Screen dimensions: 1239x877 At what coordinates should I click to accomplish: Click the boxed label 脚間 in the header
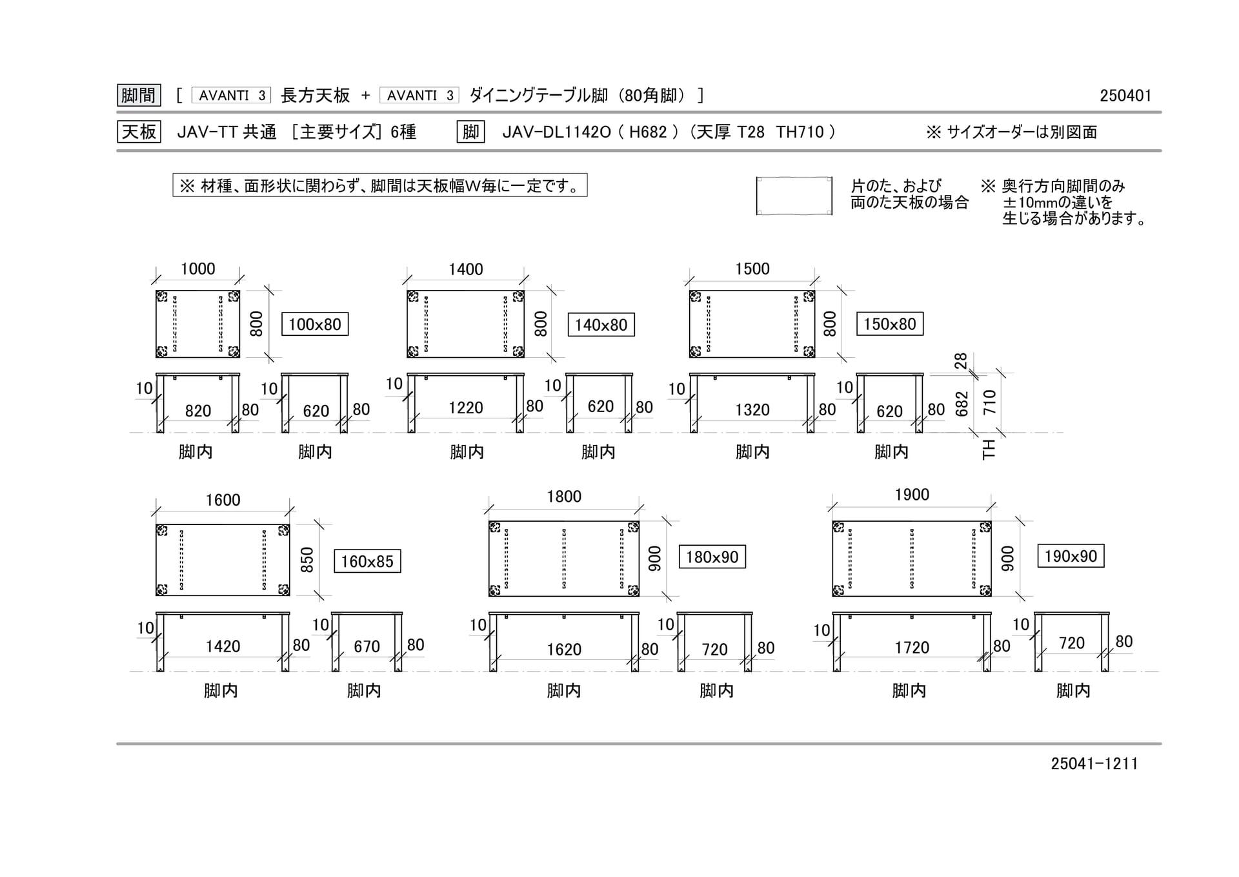(139, 96)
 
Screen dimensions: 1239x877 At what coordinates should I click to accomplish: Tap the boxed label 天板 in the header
(139, 132)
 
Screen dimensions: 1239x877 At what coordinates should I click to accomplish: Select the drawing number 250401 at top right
(1125, 96)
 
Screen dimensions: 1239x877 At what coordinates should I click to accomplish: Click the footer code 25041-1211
(1094, 763)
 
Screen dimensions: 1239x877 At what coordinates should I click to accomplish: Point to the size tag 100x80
(315, 324)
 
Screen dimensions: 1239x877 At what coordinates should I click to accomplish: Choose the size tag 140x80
(601, 325)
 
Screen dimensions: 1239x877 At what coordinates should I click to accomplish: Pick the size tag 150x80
(890, 324)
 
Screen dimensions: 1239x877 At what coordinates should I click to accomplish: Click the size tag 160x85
(367, 561)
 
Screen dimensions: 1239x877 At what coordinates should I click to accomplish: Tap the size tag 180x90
(712, 557)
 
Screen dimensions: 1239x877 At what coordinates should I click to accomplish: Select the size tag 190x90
(1071, 556)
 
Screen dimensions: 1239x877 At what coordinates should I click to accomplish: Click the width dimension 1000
(197, 269)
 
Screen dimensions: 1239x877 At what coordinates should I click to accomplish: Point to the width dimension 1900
(912, 495)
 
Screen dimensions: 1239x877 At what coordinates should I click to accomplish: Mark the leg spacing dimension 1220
(466, 408)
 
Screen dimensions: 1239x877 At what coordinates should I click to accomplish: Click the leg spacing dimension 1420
(223, 646)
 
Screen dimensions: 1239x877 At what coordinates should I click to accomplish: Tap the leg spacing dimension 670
(367, 646)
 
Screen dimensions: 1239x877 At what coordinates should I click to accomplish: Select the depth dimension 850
(307, 560)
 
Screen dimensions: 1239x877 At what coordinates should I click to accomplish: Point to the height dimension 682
(962, 404)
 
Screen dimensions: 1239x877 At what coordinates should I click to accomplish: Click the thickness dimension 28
(961, 360)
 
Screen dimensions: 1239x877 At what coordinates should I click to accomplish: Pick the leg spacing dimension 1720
(912, 647)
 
